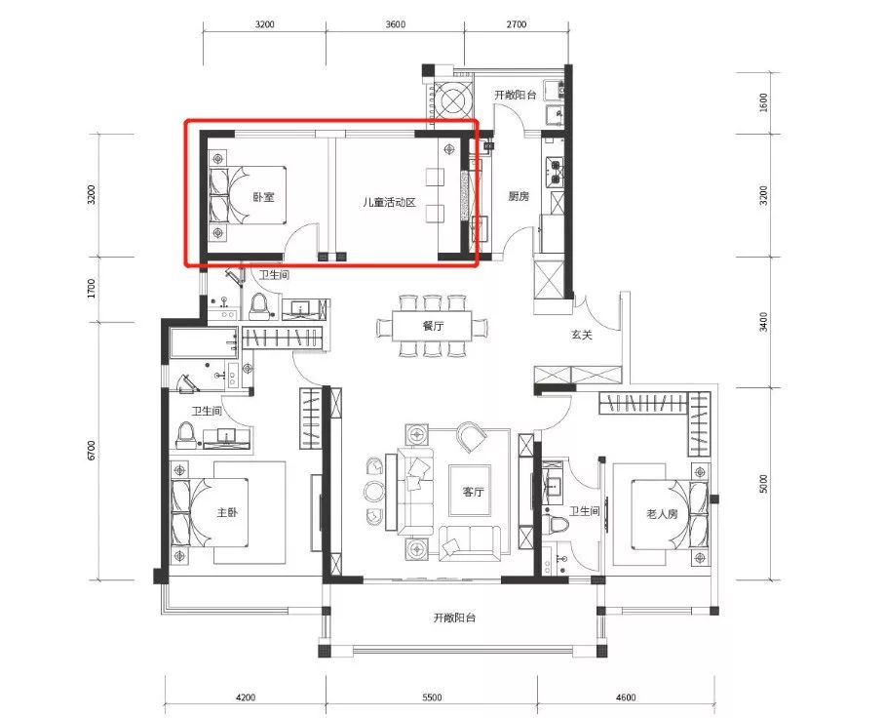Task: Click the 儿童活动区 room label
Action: (x=389, y=202)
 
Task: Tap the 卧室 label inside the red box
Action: (x=263, y=197)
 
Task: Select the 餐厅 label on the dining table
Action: (x=433, y=326)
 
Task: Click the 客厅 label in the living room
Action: (x=473, y=492)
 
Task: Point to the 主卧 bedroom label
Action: (x=227, y=512)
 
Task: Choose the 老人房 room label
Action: (x=662, y=514)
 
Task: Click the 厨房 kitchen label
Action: (x=519, y=196)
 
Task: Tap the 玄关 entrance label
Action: (x=581, y=335)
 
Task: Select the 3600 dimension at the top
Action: (x=395, y=24)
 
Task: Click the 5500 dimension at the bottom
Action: (x=432, y=698)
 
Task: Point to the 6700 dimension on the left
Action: (x=92, y=451)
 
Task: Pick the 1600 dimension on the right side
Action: (x=763, y=103)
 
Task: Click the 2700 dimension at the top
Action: (x=517, y=24)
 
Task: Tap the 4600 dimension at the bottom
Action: (x=626, y=698)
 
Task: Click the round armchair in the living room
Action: (x=472, y=436)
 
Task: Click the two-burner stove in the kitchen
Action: (x=555, y=172)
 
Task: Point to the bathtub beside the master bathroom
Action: (x=204, y=342)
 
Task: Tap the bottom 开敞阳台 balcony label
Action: (x=454, y=618)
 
